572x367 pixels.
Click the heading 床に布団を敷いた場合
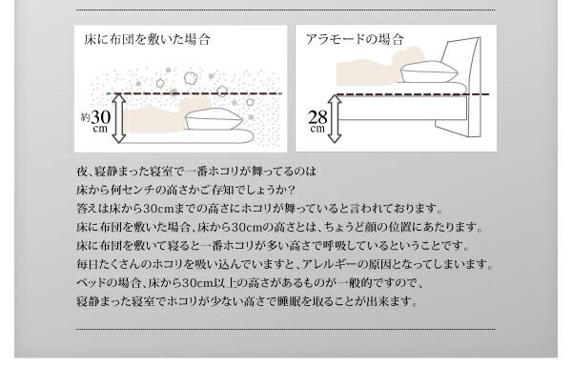tap(146, 40)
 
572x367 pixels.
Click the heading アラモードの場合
tap(355, 40)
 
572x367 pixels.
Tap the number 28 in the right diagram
tap(317, 118)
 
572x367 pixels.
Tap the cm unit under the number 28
tap(317, 131)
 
